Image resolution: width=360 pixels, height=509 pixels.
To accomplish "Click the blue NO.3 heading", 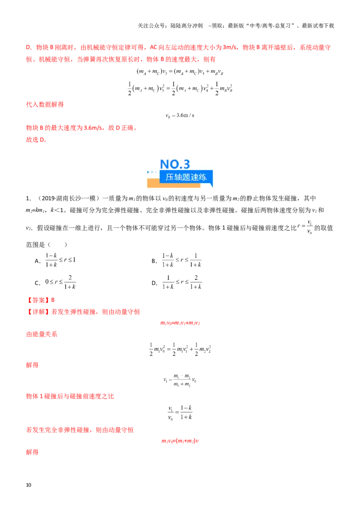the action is point(175,164).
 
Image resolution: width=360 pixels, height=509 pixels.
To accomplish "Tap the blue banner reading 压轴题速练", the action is point(186,177).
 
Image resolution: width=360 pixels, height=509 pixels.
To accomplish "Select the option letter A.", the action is point(38,261).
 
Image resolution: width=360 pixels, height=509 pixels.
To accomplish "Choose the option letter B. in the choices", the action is point(154,261).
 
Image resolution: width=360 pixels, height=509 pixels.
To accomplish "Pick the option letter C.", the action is point(38,283).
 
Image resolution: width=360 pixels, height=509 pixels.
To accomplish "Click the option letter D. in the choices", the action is point(154,283).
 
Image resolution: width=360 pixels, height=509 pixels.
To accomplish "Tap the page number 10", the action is point(29,485).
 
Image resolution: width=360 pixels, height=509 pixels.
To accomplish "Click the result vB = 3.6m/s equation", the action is point(180,116).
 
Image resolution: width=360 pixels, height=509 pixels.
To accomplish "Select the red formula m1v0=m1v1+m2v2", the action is point(180,323).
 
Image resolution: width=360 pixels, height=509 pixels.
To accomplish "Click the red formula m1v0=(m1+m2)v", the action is point(180,441).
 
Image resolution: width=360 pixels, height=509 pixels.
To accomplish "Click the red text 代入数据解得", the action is point(45,104).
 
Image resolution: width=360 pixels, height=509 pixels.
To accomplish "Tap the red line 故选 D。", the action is point(36,139).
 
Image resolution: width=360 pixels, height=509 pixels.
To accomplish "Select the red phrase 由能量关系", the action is point(41,335).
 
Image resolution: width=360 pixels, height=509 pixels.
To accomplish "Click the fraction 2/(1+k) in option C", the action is point(70,282).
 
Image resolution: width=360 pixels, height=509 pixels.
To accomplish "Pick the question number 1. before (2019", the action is point(29,198).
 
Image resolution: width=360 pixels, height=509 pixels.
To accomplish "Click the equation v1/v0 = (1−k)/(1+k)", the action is point(180,413).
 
